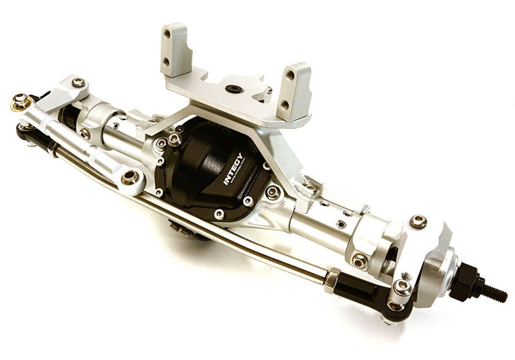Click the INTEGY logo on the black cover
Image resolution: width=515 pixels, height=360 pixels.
tap(233, 169)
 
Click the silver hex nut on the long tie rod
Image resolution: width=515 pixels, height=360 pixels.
tap(332, 281)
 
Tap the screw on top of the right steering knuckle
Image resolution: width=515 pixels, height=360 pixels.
tap(418, 221)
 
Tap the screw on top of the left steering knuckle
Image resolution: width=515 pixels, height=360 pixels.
tap(79, 82)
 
